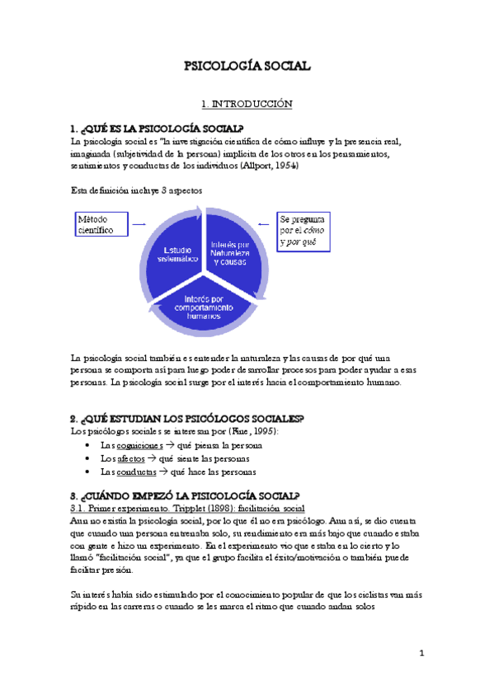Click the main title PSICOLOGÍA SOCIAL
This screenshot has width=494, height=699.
(247, 67)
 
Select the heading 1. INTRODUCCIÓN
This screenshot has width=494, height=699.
(247, 105)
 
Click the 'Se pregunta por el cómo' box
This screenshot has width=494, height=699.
(301, 232)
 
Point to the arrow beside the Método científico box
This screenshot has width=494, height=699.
(139, 224)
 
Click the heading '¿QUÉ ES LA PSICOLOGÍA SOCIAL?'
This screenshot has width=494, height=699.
(163, 128)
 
